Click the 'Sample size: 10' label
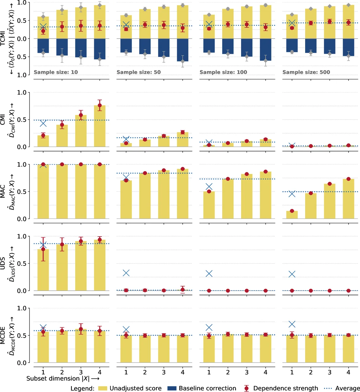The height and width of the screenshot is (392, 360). coord(56,72)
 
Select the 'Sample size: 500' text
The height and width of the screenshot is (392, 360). coord(306,72)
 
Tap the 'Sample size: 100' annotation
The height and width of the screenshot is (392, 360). coord(223,72)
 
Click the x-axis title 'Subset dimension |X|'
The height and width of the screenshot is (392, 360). coord(62,378)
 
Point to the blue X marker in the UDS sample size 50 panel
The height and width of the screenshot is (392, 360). coord(126,273)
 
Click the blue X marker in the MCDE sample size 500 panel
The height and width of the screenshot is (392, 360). coord(292,324)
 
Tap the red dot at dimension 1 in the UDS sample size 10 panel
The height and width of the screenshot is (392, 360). coord(43,249)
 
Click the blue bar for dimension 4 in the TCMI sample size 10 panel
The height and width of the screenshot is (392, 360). coord(100,49)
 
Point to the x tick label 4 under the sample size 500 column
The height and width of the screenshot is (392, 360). coord(349,372)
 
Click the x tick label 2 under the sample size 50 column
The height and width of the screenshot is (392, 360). coord(145,372)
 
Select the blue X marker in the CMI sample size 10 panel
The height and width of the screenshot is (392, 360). coord(43,123)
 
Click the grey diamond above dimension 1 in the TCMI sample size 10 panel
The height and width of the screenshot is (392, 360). coord(43,16)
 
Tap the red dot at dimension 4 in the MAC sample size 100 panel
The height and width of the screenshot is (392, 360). coord(266,171)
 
